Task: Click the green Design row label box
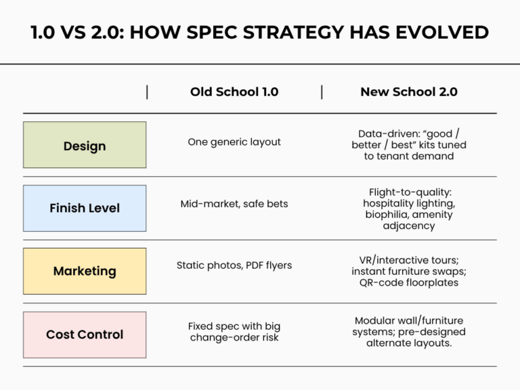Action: click(85, 145)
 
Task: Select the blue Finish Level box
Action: click(85, 208)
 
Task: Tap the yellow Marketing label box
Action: click(85, 271)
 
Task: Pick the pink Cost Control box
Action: click(85, 334)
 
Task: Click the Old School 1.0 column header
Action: click(234, 92)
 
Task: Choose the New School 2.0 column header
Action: click(408, 92)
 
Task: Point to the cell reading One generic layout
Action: click(234, 142)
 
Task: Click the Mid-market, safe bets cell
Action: click(234, 204)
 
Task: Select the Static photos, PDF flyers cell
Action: click(234, 265)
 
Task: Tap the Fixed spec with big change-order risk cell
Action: click(234, 332)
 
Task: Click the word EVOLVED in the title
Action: click(445, 32)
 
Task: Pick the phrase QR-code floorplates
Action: click(408, 282)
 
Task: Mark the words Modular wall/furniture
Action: click(408, 320)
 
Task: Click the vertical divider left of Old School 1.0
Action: click(147, 92)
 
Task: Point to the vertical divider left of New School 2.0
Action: click(321, 92)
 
